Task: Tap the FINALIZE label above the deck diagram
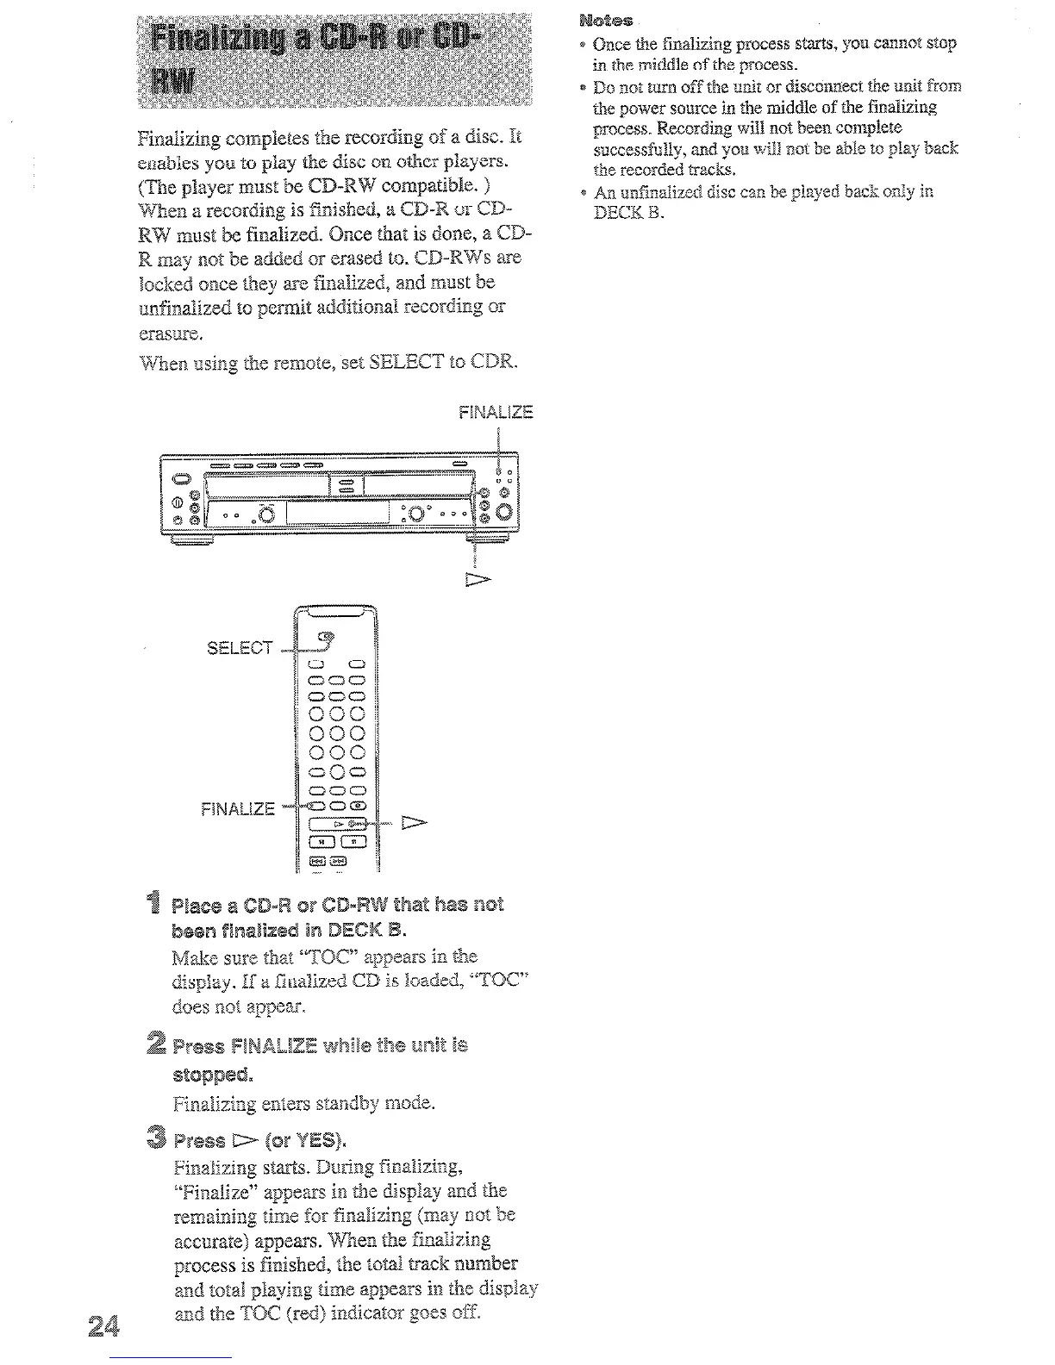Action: point(496,412)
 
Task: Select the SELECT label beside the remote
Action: point(240,647)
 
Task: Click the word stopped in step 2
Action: point(211,1075)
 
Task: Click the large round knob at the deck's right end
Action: point(503,516)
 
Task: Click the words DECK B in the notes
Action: point(628,212)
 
